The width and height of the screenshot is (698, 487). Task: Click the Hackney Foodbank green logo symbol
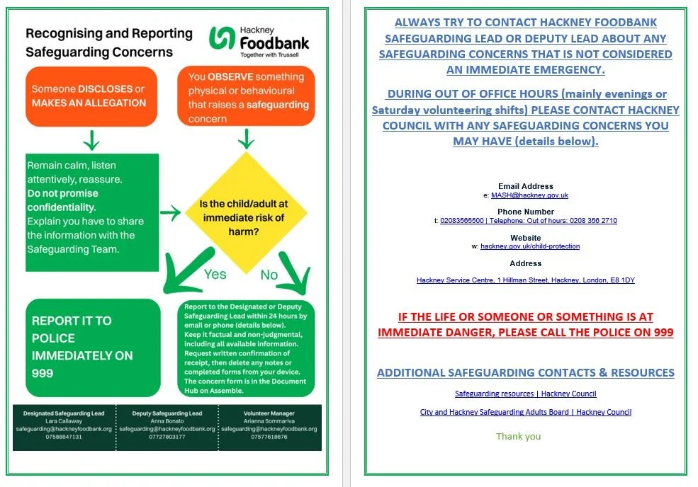click(222, 39)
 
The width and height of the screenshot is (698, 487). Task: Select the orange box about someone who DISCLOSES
click(91, 96)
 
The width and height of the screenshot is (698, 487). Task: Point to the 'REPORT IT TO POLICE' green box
click(93, 347)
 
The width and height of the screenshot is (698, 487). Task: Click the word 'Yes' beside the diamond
click(215, 273)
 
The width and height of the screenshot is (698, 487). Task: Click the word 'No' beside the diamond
click(269, 275)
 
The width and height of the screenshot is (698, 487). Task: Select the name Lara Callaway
click(64, 420)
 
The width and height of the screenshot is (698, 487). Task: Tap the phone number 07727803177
click(167, 437)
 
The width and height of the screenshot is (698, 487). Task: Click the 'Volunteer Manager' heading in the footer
click(269, 413)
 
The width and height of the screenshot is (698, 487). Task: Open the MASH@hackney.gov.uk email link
click(529, 195)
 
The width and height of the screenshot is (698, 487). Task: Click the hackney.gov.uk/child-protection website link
click(530, 246)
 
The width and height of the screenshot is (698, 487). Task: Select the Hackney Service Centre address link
click(525, 280)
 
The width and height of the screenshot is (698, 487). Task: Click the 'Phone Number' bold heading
click(525, 212)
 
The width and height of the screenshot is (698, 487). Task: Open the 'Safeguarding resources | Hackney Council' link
click(525, 394)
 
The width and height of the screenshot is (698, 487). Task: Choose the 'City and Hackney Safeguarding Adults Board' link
click(525, 412)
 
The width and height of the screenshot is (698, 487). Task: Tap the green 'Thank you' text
click(518, 436)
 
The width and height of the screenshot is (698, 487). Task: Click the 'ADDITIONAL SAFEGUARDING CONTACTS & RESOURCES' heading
click(525, 373)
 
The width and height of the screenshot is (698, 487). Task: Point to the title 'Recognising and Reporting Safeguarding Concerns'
click(108, 42)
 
